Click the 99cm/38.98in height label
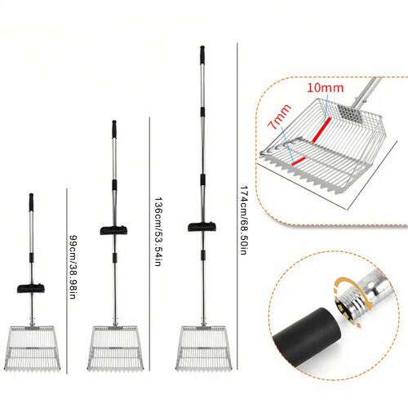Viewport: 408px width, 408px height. tap(73, 267)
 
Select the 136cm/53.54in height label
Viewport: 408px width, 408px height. tap(158, 232)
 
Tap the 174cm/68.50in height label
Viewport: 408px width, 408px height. tap(243, 220)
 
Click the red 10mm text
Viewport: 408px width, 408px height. tap(326, 87)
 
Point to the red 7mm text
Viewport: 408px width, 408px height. tap(279, 117)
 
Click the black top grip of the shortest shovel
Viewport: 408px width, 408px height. tap(31, 202)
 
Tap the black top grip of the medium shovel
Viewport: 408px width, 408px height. tap(114, 129)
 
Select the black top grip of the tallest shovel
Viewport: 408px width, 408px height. tap(202, 55)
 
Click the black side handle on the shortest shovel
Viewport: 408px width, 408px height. tap(31, 288)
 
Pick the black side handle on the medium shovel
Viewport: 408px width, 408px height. tap(113, 230)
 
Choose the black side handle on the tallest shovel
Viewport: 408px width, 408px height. tap(202, 227)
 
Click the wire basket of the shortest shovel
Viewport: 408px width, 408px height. tap(32, 348)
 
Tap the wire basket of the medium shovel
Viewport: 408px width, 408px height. tap(115, 348)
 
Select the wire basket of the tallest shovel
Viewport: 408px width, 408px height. tap(204, 348)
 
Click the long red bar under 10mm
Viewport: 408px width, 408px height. tap(322, 130)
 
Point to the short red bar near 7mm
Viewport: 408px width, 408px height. tap(299, 161)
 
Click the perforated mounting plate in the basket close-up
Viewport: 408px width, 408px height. tap(349, 113)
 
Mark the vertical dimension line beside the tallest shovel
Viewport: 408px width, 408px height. tap(237, 206)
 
